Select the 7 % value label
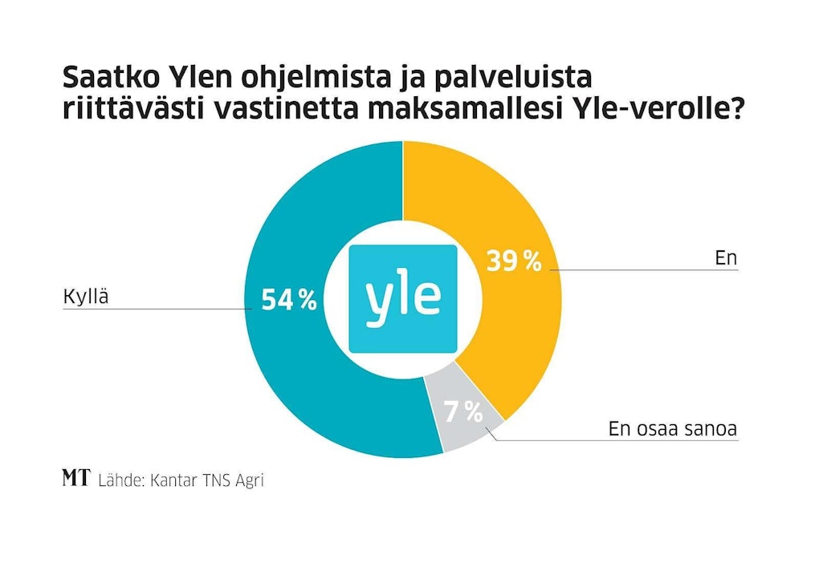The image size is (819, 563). coord(464,412)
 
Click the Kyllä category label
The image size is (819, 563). coord(85,297)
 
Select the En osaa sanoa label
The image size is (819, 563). coord(672,428)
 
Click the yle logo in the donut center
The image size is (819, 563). coord(403,299)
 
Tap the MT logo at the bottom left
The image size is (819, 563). coord(76,479)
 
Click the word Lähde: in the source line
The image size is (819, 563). coord(120,480)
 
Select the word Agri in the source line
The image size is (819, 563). coord(248,480)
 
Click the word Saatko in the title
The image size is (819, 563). coord(110,78)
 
